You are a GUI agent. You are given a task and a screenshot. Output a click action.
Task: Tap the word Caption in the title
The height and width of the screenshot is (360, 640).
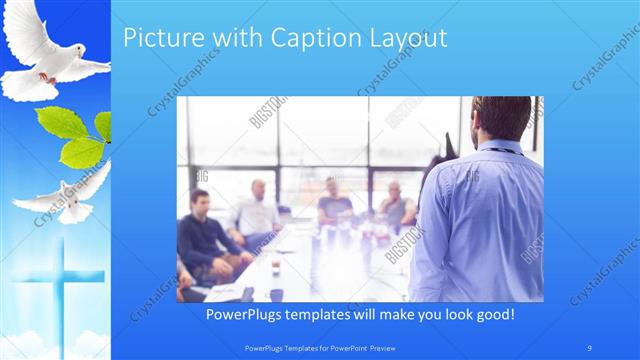pos(295,39)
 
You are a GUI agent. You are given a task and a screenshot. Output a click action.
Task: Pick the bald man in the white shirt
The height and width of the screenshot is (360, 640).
pos(256,210)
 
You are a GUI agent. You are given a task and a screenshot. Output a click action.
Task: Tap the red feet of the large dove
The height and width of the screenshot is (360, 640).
pos(44,76)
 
